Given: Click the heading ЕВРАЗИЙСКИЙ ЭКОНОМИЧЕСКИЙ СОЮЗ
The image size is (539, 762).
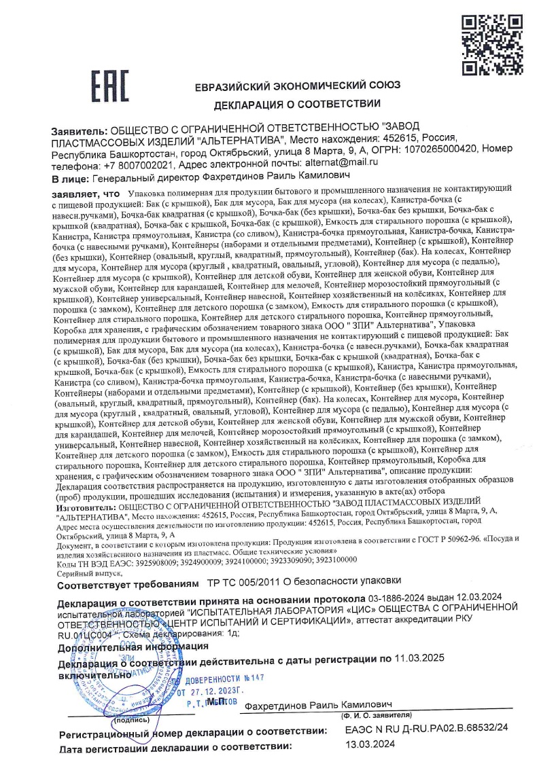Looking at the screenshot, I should [298, 86].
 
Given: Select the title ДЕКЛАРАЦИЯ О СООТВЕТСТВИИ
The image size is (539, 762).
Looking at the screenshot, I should [298, 105].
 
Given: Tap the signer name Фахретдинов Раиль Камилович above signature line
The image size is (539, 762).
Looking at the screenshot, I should [319, 706].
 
